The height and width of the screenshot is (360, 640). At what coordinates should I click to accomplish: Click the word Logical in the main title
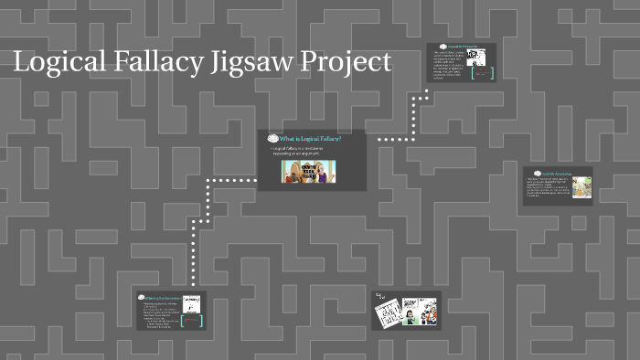point(58,63)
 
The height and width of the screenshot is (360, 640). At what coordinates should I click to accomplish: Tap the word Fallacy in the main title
point(152,63)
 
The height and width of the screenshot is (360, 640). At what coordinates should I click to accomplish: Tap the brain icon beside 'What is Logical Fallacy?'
point(272,138)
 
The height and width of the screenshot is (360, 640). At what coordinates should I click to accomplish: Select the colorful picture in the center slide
point(308,171)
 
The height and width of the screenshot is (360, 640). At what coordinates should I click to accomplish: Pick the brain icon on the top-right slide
point(442,47)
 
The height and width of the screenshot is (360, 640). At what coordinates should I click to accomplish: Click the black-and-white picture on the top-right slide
point(475,58)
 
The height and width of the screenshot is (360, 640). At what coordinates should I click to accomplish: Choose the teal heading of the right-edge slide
point(556,173)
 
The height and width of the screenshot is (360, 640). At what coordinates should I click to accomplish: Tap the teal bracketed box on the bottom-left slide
point(191,320)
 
